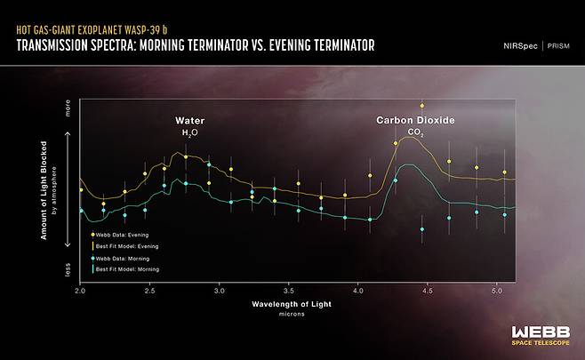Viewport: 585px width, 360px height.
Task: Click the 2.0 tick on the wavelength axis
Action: tap(80, 290)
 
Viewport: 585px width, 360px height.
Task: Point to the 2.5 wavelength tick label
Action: tap(149, 290)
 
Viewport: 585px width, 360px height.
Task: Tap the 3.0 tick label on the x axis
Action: tap(219, 290)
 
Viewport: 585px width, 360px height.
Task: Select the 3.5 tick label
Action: tap(288, 290)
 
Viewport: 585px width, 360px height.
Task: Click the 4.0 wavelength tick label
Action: tap(357, 290)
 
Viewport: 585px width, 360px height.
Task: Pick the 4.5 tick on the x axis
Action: tap(427, 290)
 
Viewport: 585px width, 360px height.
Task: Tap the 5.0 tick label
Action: tap(496, 290)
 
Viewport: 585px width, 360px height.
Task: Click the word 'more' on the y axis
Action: tap(67, 109)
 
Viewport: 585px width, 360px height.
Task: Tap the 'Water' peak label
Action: tap(189, 119)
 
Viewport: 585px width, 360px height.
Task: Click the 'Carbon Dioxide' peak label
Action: tap(414, 119)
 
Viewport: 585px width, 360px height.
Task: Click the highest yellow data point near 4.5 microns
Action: tap(422, 106)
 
